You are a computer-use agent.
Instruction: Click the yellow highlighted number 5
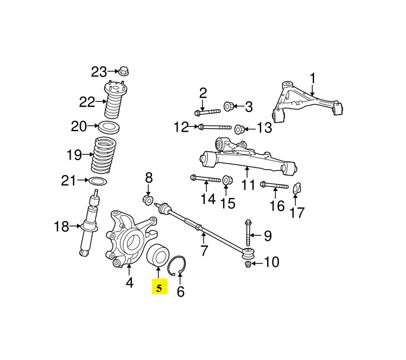pyautogui.click(x=160, y=287)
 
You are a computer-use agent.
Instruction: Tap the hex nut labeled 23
pyautogui.click(x=123, y=71)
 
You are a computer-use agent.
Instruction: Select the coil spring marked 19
pyautogui.click(x=103, y=155)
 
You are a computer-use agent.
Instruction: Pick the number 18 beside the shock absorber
pyautogui.click(x=62, y=227)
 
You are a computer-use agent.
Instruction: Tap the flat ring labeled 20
pyautogui.click(x=109, y=127)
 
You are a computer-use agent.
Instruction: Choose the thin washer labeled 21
pyautogui.click(x=98, y=181)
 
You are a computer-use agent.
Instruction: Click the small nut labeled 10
pyautogui.click(x=248, y=264)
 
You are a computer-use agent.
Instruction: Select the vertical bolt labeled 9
pyautogui.click(x=248, y=232)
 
